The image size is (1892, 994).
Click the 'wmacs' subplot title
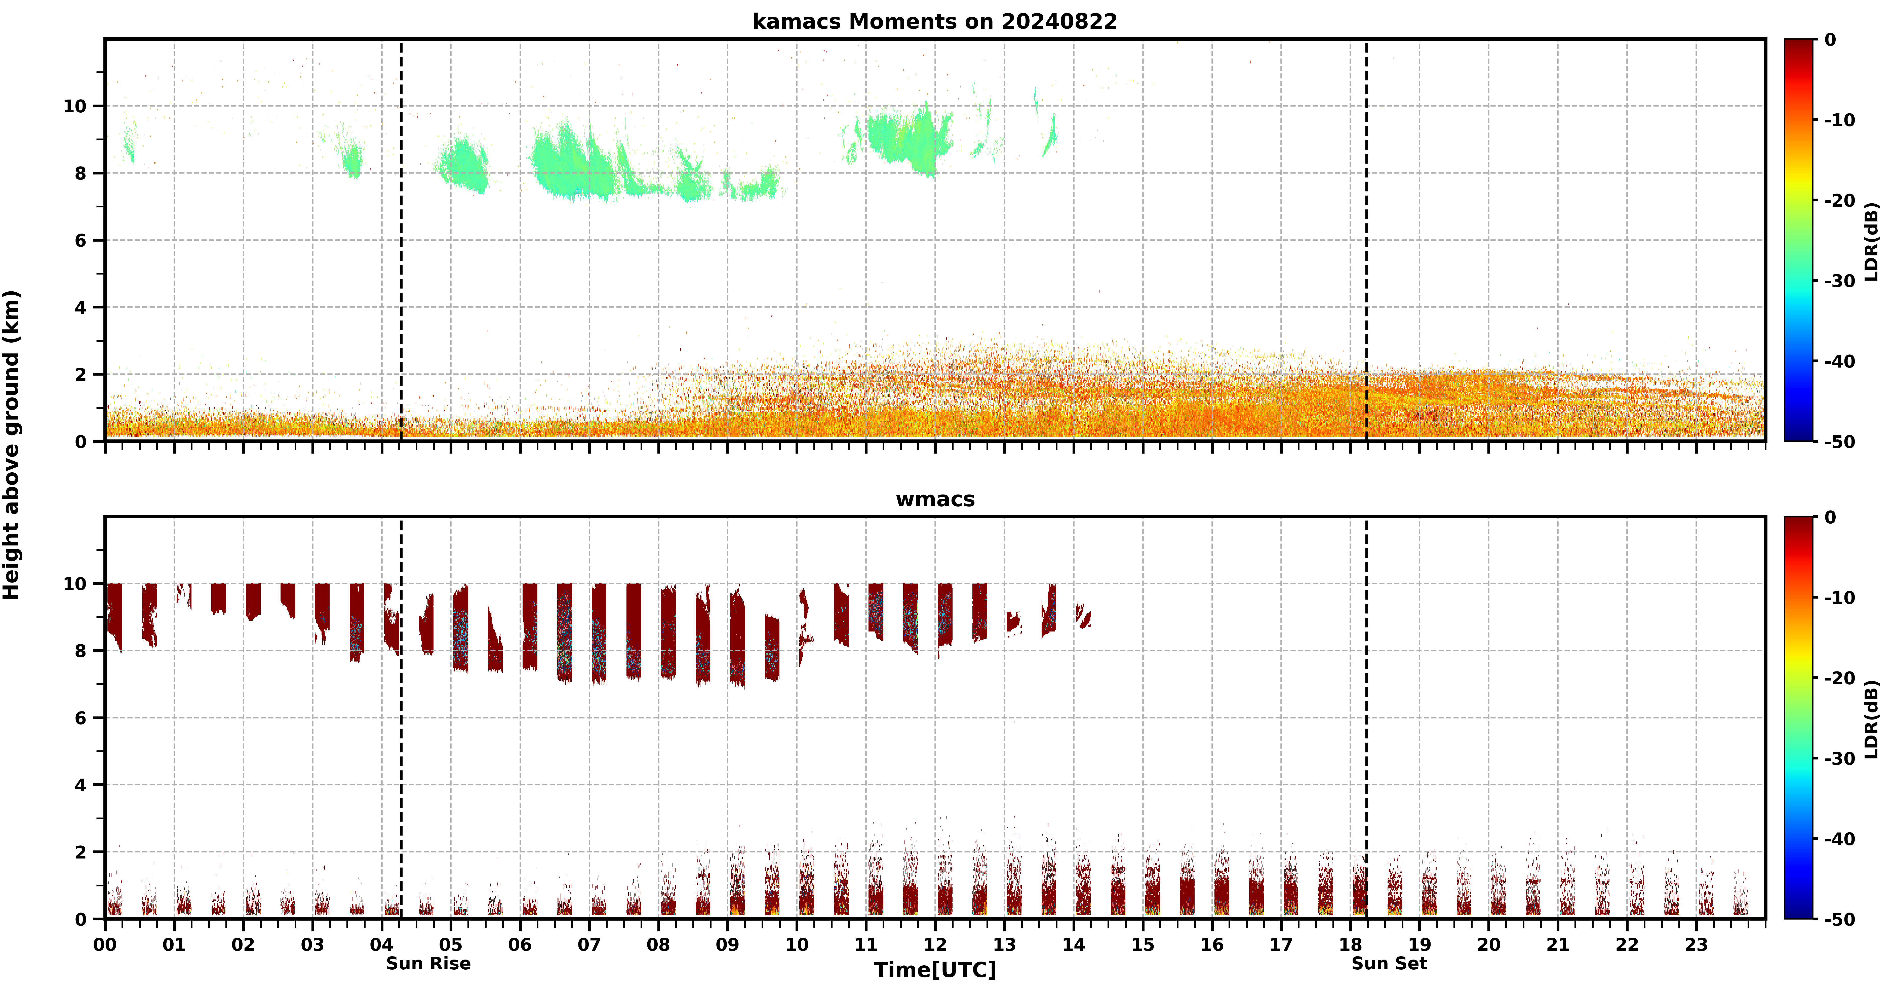(935, 499)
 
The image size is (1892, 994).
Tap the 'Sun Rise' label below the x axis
(428, 963)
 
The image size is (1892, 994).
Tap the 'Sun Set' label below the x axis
(1389, 963)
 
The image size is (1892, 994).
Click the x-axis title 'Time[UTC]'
(935, 970)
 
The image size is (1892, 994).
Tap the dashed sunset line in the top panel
(1366, 240)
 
